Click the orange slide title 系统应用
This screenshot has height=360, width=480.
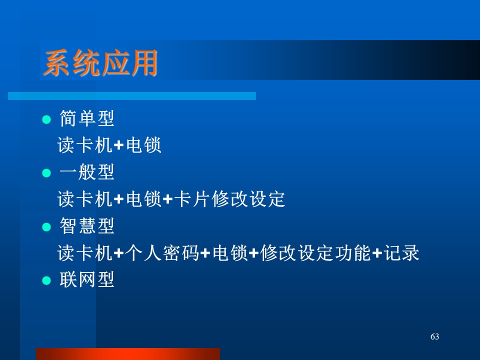pyautogui.click(x=100, y=63)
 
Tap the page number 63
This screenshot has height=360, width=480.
pyautogui.click(x=434, y=336)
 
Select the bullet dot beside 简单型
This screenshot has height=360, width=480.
pyautogui.click(x=46, y=119)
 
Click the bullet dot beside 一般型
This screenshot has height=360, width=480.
pyautogui.click(x=46, y=173)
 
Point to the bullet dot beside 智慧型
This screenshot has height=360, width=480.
pyautogui.click(x=46, y=227)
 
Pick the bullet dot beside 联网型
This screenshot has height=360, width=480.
pyautogui.click(x=46, y=280)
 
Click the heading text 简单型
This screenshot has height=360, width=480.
pyautogui.click(x=87, y=118)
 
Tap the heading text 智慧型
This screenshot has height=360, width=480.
pyautogui.click(x=87, y=225)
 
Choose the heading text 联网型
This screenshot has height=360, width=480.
pyautogui.click(x=87, y=279)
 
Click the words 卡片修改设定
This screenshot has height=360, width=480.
pyautogui.click(x=229, y=198)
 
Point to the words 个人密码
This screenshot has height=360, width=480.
pyautogui.click(x=162, y=252)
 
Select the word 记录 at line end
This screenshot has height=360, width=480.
pyautogui.click(x=401, y=252)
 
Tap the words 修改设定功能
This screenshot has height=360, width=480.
pyautogui.click(x=315, y=252)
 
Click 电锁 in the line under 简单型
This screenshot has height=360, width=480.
pyautogui.click(x=143, y=145)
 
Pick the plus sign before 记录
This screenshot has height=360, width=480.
pyautogui.click(x=377, y=253)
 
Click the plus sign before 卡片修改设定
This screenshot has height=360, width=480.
pyautogui.click(x=168, y=199)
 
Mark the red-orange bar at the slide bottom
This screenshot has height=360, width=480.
pyautogui.click(x=128, y=354)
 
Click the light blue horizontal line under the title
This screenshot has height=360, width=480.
pyautogui.click(x=132, y=96)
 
